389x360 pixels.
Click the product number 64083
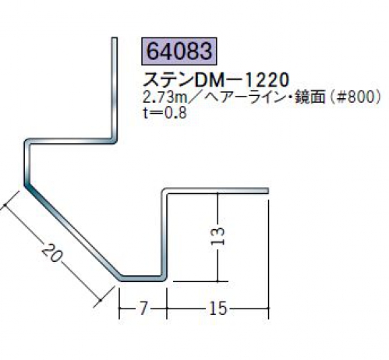click(x=179, y=51)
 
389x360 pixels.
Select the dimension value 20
click(x=52, y=252)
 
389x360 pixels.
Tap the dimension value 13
click(x=217, y=236)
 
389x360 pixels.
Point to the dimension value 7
click(x=143, y=308)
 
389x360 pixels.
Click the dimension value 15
click(x=217, y=309)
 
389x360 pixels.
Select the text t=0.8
click(x=164, y=113)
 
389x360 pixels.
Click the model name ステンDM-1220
click(x=216, y=79)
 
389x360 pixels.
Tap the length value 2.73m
click(x=165, y=97)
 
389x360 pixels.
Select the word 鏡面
click(x=309, y=97)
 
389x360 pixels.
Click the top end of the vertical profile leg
click(x=115, y=38)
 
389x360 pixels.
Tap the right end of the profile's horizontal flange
click(x=267, y=191)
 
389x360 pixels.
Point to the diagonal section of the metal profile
click(x=72, y=231)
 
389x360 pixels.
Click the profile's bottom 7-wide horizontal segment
click(x=142, y=278)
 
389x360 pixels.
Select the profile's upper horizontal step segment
click(x=70, y=141)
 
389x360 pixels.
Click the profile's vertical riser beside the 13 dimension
click(x=164, y=234)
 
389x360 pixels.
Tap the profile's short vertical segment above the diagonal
click(x=27, y=162)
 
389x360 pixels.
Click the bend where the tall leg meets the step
click(x=114, y=140)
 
